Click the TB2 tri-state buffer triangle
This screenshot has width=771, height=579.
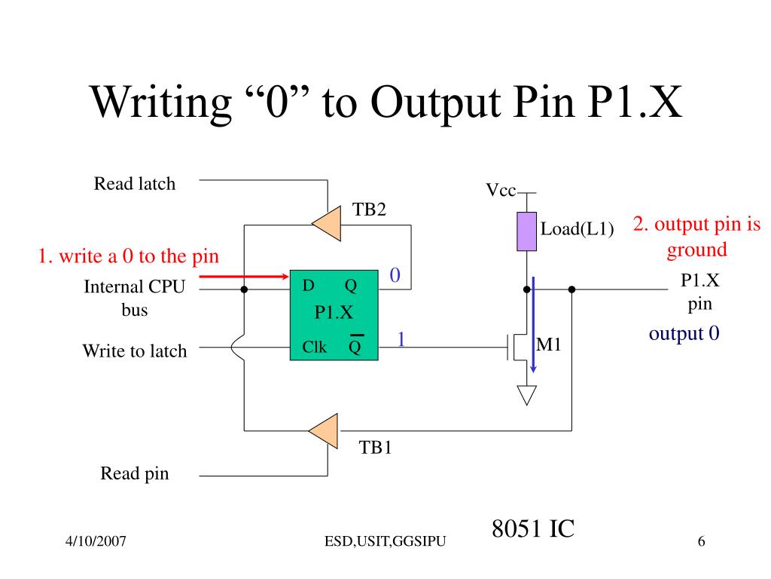pos(328,223)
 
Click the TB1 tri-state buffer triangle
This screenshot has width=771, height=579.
pos(325,430)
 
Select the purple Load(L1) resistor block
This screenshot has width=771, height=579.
pos(526,231)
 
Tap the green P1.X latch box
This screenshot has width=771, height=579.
pos(334,315)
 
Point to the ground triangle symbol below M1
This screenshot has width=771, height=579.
pos(526,394)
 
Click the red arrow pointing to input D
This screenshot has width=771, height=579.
pos(244,277)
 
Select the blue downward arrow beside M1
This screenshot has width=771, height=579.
pos(533,325)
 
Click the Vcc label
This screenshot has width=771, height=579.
pos(501,190)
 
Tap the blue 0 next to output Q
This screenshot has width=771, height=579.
pos(395,274)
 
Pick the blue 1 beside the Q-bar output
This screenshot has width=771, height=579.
pos(401,339)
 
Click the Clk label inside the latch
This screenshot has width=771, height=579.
pos(314,347)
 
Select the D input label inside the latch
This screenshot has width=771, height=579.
pos(308,285)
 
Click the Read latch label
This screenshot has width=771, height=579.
pos(135,184)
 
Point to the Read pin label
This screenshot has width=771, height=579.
pos(135,473)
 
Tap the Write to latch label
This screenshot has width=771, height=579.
pos(135,351)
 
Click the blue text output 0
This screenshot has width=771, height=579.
pos(684,334)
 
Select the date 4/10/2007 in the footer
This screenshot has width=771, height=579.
pos(96,541)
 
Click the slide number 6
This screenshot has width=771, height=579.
pos(701,541)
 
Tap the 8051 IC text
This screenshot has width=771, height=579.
pos(533,528)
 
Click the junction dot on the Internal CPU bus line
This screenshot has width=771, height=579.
pos(244,289)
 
